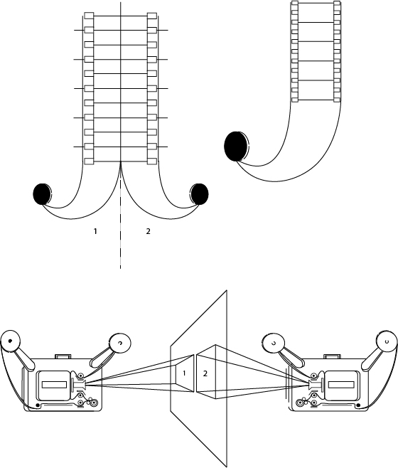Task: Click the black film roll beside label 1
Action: pyautogui.click(x=42, y=194)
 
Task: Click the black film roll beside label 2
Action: pyautogui.click(x=199, y=194)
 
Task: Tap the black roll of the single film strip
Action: pyautogui.click(x=236, y=147)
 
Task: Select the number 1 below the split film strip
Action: pyautogui.click(x=95, y=231)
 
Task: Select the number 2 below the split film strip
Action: pyautogui.click(x=148, y=231)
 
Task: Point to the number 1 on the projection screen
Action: pyautogui.click(x=184, y=373)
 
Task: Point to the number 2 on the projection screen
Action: pyautogui.click(x=205, y=373)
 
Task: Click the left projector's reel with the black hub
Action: pyautogui.click(x=10, y=341)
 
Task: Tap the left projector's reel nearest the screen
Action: pyautogui.click(x=120, y=344)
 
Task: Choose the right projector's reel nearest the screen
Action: pyautogui.click(x=273, y=344)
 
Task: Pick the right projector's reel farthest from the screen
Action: pyautogui.click(x=387, y=341)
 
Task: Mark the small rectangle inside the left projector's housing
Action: pyautogui.click(x=54, y=385)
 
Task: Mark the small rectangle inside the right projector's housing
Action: pyautogui.click(x=340, y=385)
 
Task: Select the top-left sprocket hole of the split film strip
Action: pyautogui.click(x=89, y=16)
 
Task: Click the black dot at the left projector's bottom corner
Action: pyautogui.click(x=38, y=405)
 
